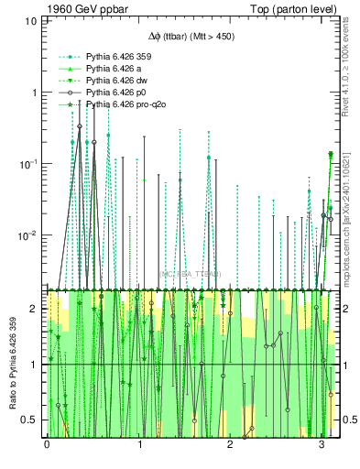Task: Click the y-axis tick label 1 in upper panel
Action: [x=35, y=93]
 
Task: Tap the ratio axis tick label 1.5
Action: [x=31, y=336]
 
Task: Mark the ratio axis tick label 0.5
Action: [x=31, y=420]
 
